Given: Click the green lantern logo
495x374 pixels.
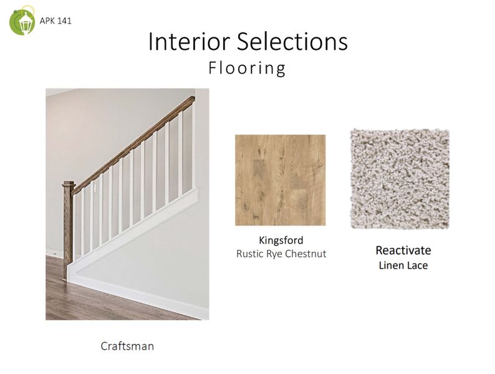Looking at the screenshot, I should coord(22,21).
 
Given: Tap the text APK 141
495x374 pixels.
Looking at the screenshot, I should coord(55,21).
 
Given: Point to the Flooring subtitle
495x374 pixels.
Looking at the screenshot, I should coord(247,68).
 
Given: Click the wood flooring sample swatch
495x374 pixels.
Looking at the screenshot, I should coord(280,180).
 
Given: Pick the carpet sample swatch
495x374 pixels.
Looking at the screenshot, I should coord(399,179).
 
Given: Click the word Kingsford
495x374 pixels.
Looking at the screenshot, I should coord(281,240).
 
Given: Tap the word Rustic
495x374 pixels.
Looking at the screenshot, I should coord(250,254).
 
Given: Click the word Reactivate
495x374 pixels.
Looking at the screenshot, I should coord(403,251).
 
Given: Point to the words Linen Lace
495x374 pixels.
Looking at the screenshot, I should coord(403,266).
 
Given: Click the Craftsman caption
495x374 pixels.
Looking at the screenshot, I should coord(127,345).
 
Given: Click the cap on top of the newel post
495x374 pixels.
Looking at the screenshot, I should coord(68,183).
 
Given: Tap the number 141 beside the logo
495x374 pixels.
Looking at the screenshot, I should coord(64,21).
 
